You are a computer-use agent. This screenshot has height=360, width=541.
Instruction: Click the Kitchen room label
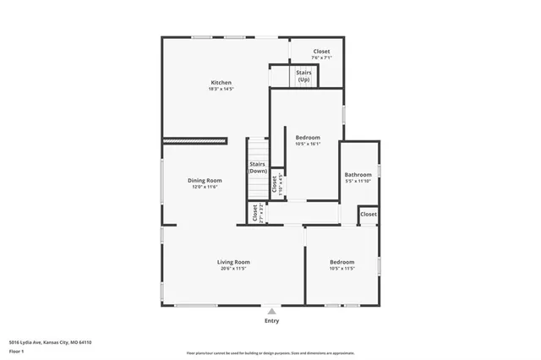[x=221, y=83]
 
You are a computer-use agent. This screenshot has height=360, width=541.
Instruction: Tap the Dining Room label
[x=205, y=180]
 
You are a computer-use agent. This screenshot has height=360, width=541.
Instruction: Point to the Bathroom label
[x=358, y=174]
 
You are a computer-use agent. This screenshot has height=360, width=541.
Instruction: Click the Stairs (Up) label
[x=303, y=76]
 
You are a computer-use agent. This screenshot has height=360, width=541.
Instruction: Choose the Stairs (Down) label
[x=258, y=167]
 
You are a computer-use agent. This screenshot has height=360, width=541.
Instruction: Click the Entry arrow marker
[x=271, y=310]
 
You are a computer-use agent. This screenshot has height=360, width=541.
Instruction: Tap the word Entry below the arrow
[x=271, y=321]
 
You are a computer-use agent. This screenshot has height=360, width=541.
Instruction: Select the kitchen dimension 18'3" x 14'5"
[x=221, y=89]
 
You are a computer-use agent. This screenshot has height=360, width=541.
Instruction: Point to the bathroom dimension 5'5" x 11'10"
[x=358, y=181]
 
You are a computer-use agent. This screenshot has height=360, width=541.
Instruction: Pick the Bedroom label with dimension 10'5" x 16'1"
[x=308, y=137]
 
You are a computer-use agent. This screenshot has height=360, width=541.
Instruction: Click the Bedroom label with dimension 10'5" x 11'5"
[x=342, y=262]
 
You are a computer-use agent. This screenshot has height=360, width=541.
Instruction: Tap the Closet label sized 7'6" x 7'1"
[x=322, y=52]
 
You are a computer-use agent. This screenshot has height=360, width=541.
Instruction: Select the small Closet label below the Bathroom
[x=369, y=215]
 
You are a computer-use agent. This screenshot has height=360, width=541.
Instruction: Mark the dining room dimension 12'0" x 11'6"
[x=205, y=187]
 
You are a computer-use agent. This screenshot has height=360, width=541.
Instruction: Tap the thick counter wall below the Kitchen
[x=195, y=139]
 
